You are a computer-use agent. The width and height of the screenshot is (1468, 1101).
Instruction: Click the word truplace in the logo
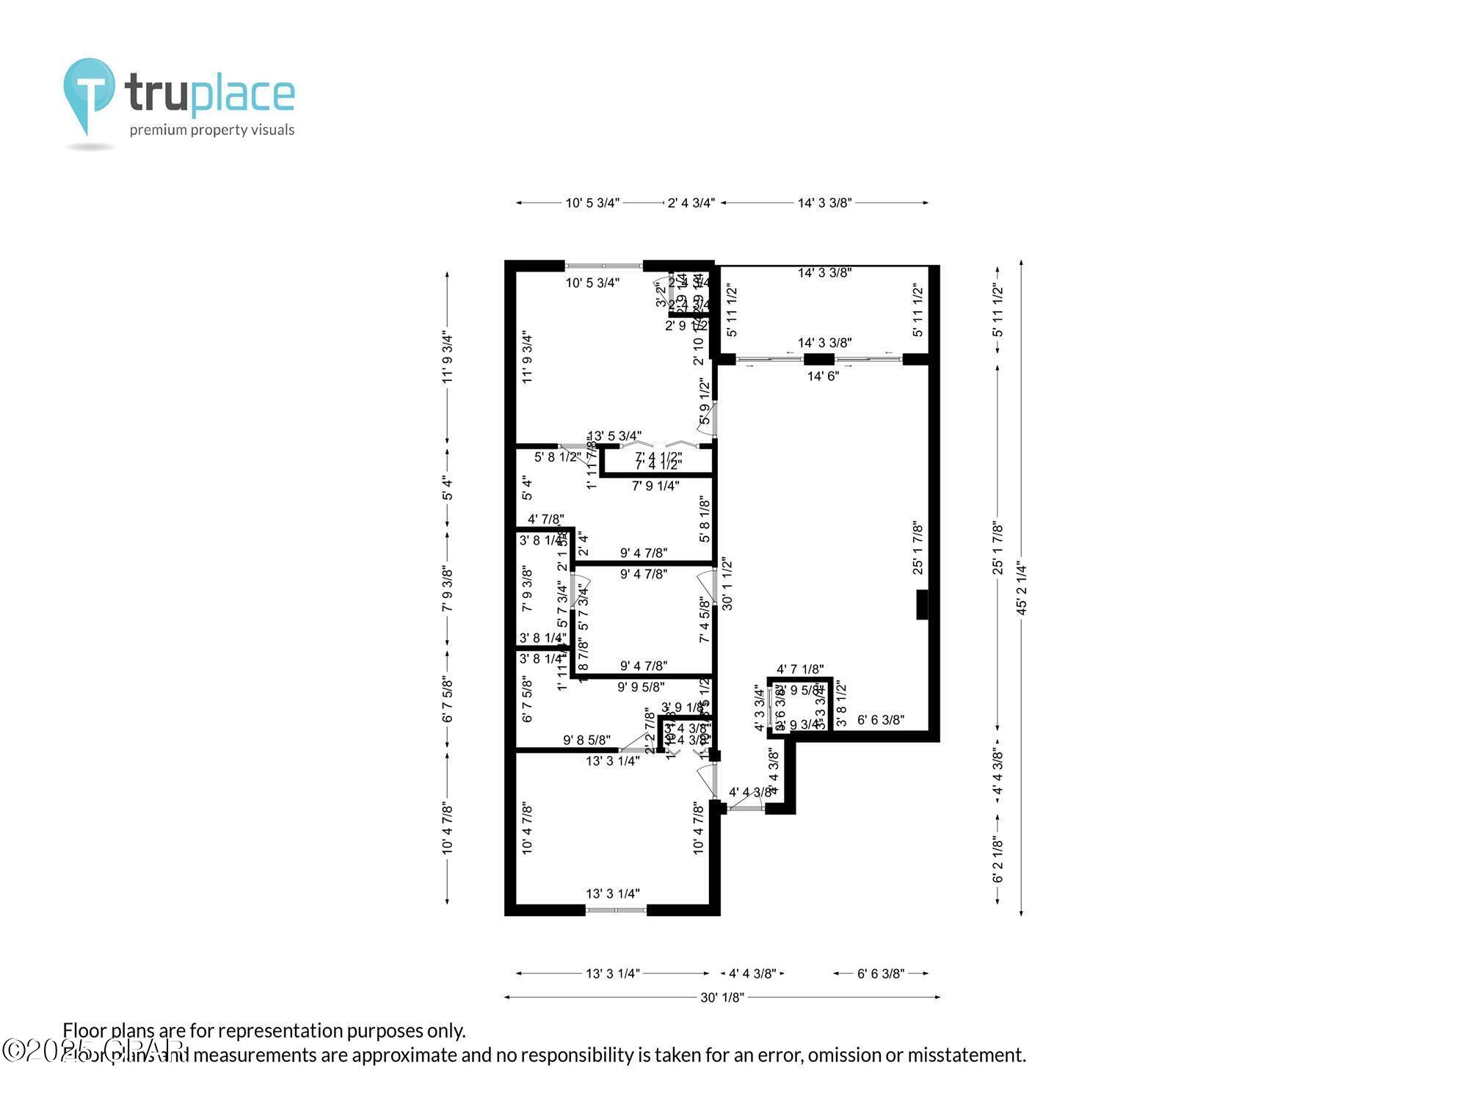[210, 95]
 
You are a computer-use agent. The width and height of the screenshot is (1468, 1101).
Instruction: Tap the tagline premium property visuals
[212, 131]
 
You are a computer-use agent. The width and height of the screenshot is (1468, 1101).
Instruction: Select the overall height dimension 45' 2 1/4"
[1021, 587]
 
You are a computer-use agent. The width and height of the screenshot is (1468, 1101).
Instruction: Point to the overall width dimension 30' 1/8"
[722, 997]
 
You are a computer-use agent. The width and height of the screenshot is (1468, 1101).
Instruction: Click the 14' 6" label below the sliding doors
[823, 377]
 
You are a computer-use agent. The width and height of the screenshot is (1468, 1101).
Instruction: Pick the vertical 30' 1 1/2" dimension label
[727, 584]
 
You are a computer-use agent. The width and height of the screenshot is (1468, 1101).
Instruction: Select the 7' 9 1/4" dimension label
[655, 486]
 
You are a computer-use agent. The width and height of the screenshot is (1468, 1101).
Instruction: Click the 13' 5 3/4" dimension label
[615, 436]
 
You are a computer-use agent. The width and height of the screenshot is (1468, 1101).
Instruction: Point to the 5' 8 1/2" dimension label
[558, 457]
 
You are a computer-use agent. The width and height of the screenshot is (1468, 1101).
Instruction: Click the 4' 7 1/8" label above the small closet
[800, 669]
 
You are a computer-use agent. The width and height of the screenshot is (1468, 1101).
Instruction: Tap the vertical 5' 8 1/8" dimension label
[705, 520]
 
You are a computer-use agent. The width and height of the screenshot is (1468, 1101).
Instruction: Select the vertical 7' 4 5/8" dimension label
[705, 620]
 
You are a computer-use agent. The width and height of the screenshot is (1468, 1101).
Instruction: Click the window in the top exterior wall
[604, 266]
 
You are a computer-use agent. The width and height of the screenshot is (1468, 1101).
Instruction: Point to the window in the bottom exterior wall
[616, 910]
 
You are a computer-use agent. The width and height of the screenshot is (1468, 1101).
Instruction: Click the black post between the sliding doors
[819, 360]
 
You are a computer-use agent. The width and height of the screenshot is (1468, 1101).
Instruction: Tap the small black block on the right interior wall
[922, 605]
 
